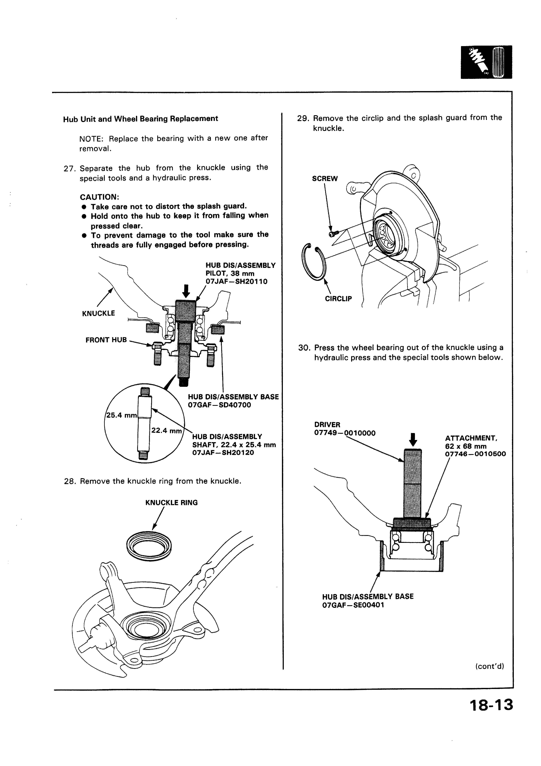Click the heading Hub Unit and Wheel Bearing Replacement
tap(140, 119)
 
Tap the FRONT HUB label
tap(106, 340)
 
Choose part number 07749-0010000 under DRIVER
tap(345, 433)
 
